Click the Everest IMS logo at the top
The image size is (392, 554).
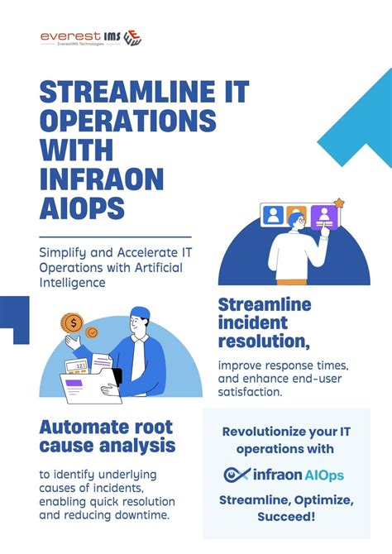pos(90,38)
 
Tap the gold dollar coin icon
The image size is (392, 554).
pos(74,322)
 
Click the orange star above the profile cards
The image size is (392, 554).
pos(338,202)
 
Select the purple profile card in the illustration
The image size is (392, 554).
pos(324,217)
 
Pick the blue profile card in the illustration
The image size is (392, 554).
pos(273,216)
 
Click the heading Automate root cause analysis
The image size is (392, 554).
pos(108,437)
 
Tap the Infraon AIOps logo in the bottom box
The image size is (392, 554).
pos(284,475)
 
